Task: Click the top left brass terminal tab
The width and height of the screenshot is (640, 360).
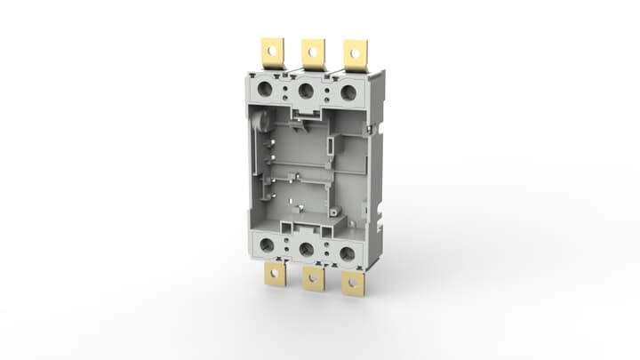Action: tap(270, 53)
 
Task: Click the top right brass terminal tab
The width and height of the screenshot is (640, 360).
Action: tap(356, 54)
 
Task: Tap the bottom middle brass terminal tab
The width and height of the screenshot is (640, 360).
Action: tap(313, 280)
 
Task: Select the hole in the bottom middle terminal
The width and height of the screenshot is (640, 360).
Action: tap(313, 284)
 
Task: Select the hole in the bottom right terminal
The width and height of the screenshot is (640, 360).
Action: tap(355, 285)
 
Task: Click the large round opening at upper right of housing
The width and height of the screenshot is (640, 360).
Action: tap(347, 92)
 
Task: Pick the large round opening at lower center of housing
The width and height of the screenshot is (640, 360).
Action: tap(309, 250)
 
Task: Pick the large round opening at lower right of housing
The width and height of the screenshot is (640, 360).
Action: tap(348, 253)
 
